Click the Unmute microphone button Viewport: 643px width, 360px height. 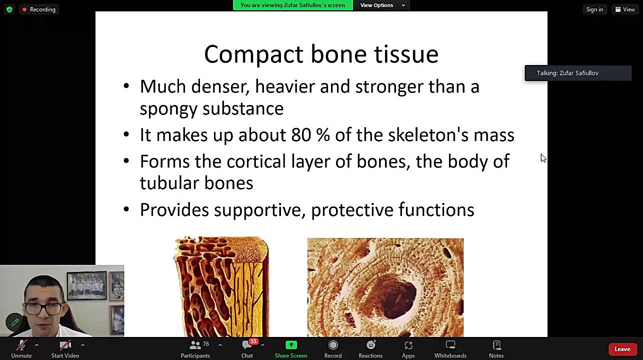pos(21,345)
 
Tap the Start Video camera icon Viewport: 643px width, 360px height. pos(65,345)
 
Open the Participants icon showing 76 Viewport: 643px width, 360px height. pos(195,345)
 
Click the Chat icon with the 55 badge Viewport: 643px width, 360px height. pos(247,345)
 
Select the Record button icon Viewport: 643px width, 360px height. pos(333,345)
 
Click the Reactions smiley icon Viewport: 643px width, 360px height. pos(370,345)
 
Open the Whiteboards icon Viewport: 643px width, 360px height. pos(450,345)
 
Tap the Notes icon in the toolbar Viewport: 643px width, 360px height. pos(496,345)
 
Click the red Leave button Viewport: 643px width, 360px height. pos(622,349)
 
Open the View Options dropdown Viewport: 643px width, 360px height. pos(382,5)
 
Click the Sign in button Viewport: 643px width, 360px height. pos(594,9)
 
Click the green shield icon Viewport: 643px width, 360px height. pos(9,9)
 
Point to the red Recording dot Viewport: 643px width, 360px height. pos(24,9)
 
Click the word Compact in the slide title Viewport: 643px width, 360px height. pos(254,54)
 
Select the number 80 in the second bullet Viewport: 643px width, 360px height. pos(301,135)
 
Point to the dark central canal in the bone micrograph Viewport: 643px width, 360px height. pos(398,298)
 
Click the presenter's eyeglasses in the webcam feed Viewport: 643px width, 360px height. pos(43,308)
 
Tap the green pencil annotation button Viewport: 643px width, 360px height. pos(15,322)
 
